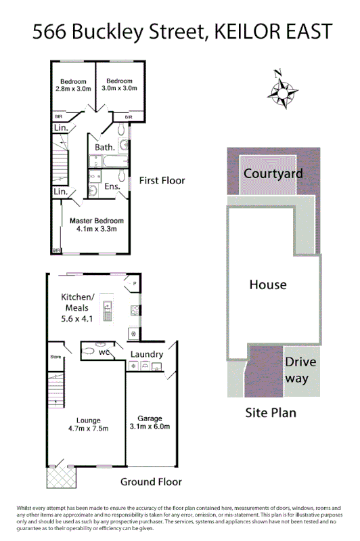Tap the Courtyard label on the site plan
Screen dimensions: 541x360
[x=273, y=173]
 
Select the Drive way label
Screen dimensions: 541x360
[x=300, y=370]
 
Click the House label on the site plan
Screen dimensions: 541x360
[x=268, y=284]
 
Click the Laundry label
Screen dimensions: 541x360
[x=146, y=354]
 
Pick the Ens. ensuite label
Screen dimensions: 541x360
[x=112, y=186]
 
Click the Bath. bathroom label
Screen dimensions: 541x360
[x=104, y=147]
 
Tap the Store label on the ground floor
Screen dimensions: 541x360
[x=55, y=357]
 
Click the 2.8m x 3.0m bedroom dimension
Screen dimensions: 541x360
[x=72, y=88]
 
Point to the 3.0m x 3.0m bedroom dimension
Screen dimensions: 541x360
[x=119, y=88]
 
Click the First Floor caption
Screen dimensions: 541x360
[x=162, y=181]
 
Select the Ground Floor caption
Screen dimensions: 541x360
[x=151, y=482]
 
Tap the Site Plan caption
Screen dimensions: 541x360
[x=271, y=412]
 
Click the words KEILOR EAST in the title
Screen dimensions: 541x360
[x=274, y=31]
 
